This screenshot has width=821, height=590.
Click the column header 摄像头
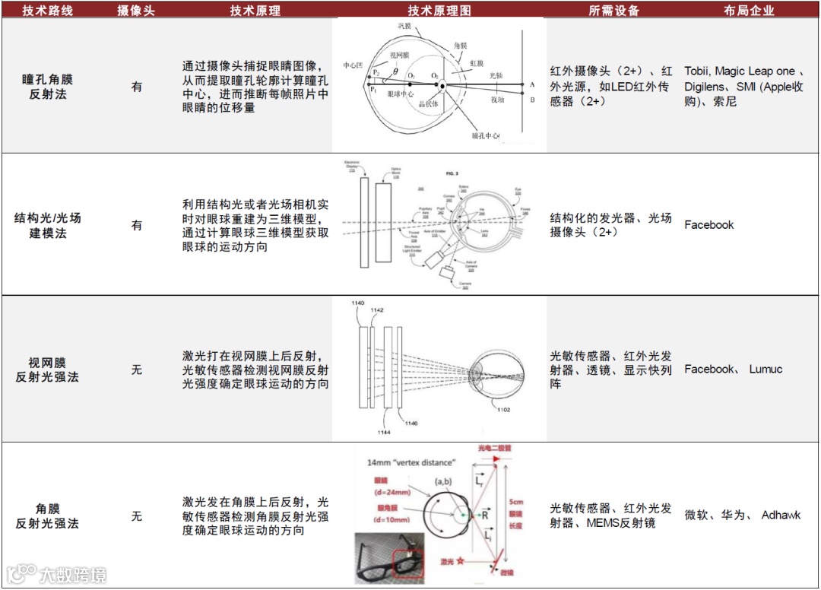pyautogui.click(x=136, y=11)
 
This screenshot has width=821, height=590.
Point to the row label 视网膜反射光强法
pyautogui.click(x=47, y=370)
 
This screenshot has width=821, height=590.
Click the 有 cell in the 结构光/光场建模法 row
pyautogui.click(x=137, y=225)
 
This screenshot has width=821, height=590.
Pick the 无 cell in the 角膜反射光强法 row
pyautogui.click(x=137, y=516)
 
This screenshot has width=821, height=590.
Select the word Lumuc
pyautogui.click(x=766, y=370)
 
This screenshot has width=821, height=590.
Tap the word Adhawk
pyautogui.click(x=781, y=515)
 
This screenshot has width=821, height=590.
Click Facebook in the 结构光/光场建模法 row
pyautogui.click(x=708, y=225)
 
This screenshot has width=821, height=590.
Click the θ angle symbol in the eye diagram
pyautogui.click(x=395, y=73)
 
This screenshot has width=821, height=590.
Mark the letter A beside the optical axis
pyautogui.click(x=532, y=84)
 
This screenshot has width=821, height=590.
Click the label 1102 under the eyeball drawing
pyautogui.click(x=503, y=411)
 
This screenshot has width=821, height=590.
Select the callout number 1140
pyautogui.click(x=358, y=303)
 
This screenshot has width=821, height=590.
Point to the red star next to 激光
pyautogui.click(x=461, y=561)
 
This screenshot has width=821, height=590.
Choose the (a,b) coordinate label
pyautogui.click(x=445, y=483)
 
